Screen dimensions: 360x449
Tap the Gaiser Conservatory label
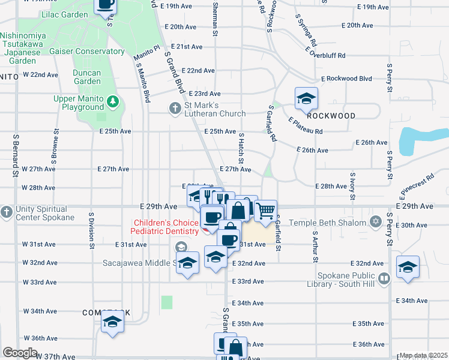click(87, 52)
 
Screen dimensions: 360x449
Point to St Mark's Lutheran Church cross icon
click(174, 109)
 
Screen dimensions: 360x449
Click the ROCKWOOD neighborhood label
click(334, 116)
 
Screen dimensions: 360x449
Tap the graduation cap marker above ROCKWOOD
click(306, 98)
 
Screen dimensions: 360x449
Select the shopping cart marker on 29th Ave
click(265, 211)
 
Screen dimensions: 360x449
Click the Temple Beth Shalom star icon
click(376, 223)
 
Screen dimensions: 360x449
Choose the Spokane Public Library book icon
click(384, 278)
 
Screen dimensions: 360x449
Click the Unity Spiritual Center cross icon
click(6, 212)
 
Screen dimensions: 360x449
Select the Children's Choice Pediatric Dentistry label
click(166, 227)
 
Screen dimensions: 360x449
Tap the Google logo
click(20, 353)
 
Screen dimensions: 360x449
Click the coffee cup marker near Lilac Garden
click(106, 5)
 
